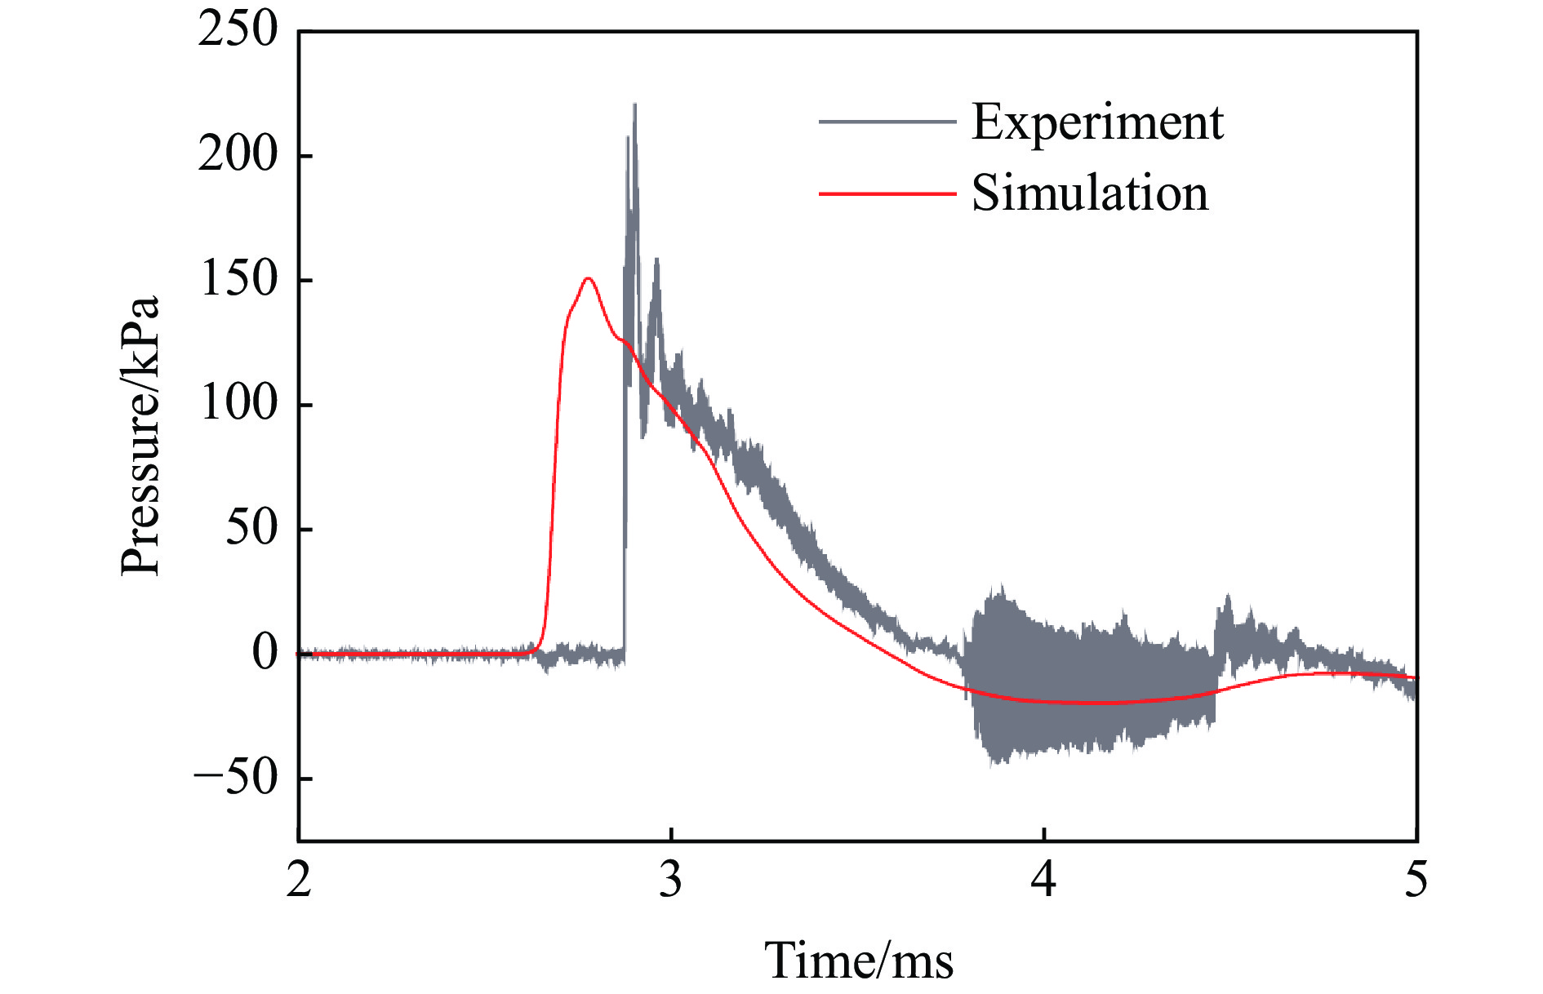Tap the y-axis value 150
[x=238, y=279]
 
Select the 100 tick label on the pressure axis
[x=238, y=403]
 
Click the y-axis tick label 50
[x=251, y=528]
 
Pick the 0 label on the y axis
[x=265, y=653]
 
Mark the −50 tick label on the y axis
[x=236, y=778]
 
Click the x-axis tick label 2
[x=299, y=881]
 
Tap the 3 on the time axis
[x=671, y=881]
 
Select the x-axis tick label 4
[x=1043, y=881]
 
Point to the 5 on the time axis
[x=1416, y=881]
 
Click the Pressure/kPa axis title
[x=140, y=437]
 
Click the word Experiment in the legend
[x=1097, y=123]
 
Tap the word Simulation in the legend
[x=1089, y=193]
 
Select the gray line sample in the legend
[x=887, y=122]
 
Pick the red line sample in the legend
[x=887, y=194]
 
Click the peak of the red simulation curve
[x=588, y=279]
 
